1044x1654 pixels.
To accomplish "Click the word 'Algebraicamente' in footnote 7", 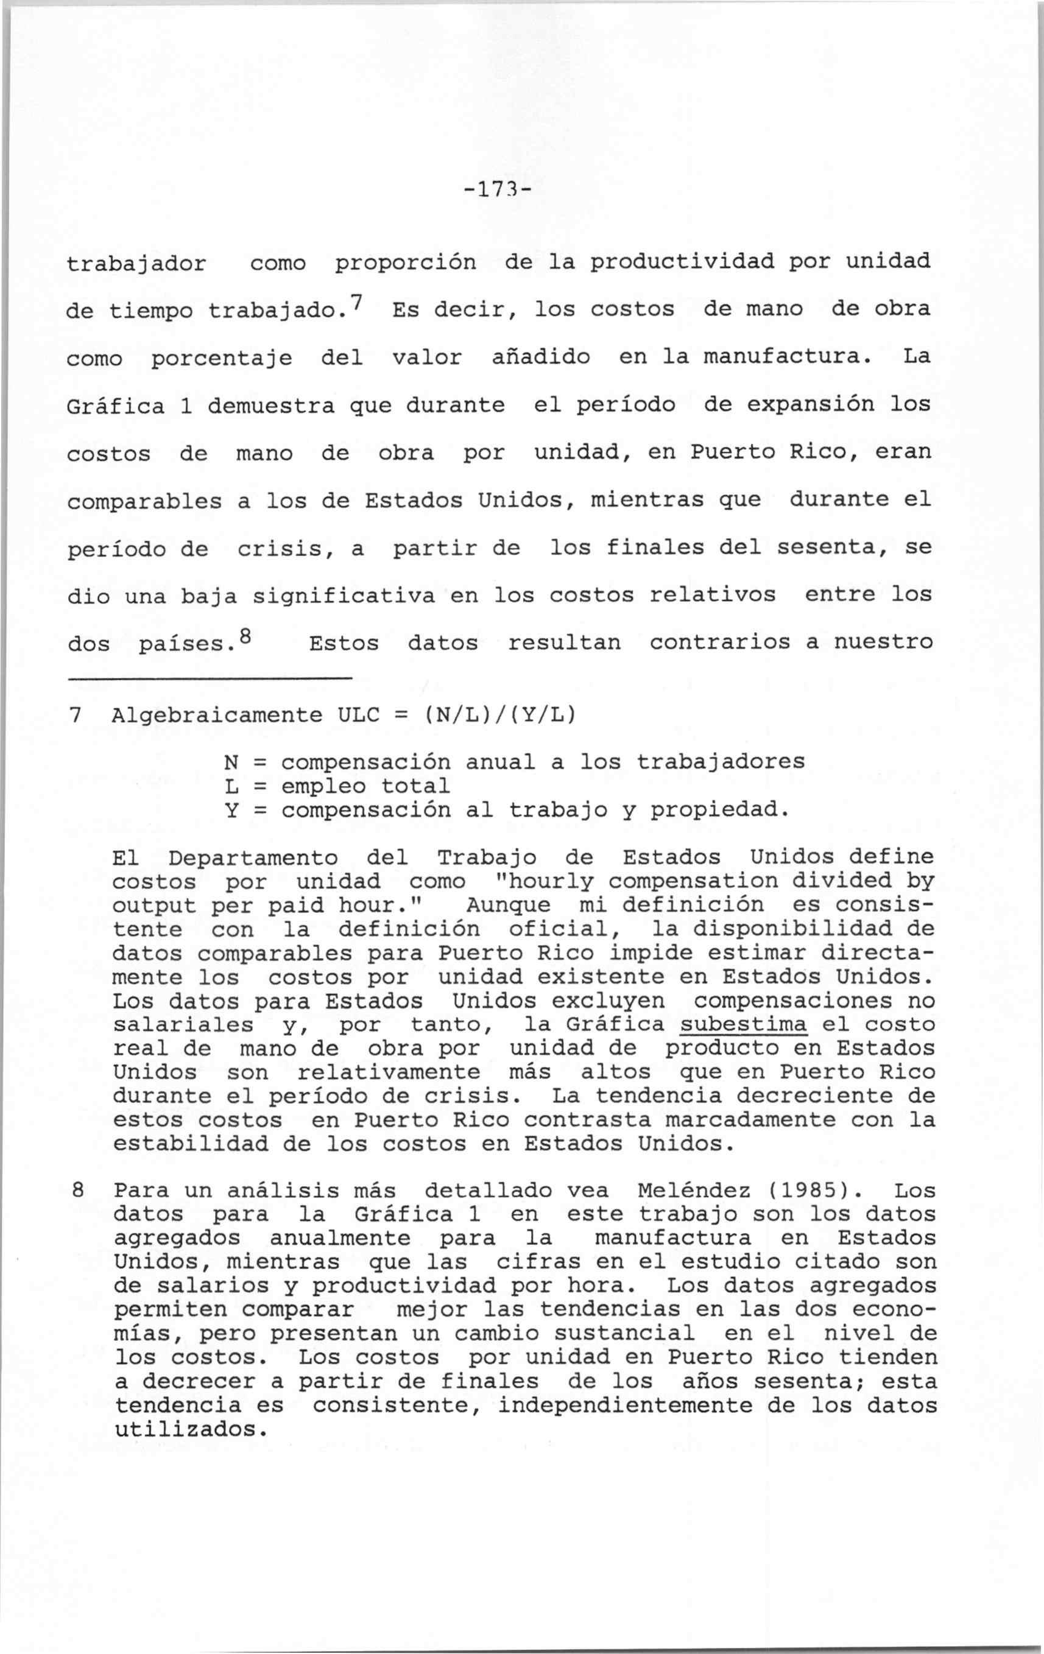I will (x=216, y=716).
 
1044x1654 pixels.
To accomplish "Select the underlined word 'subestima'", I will (x=742, y=1024).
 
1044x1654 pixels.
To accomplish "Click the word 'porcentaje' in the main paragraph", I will (x=221, y=359).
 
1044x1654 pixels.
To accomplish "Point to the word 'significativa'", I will (x=344, y=595).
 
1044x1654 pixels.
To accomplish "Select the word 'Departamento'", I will (x=253, y=857).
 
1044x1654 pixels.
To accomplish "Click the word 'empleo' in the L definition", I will (x=324, y=786).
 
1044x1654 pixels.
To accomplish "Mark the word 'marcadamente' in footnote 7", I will (x=751, y=1119).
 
